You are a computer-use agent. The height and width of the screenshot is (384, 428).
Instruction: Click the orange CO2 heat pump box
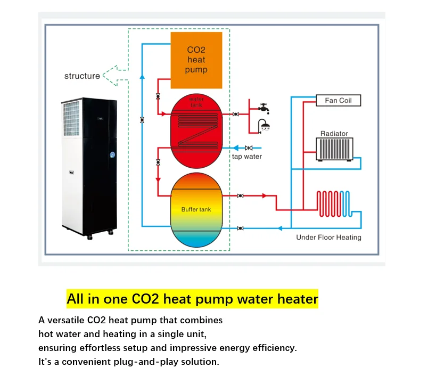pyautogui.click(x=196, y=60)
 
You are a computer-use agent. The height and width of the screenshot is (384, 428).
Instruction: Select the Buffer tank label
pyautogui.click(x=196, y=209)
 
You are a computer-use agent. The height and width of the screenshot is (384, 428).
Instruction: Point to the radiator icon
pyautogui.click(x=334, y=149)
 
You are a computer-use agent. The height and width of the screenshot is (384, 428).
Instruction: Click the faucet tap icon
pyautogui.click(x=264, y=108)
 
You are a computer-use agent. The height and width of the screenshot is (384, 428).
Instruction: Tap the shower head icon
pyautogui.click(x=264, y=126)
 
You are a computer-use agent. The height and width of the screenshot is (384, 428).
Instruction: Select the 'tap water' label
pyautogui.click(x=246, y=157)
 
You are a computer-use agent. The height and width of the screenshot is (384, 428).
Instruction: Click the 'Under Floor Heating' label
pyautogui.click(x=328, y=238)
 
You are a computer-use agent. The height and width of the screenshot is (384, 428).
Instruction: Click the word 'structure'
pyautogui.click(x=82, y=76)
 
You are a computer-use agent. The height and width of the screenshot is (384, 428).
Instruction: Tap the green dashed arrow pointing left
pyautogui.click(x=114, y=75)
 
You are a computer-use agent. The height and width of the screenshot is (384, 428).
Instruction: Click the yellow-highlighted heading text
pyautogui.click(x=192, y=299)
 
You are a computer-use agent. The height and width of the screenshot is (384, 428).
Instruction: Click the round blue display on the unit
pyautogui.click(x=113, y=154)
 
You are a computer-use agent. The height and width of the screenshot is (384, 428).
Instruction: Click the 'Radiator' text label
pyautogui.click(x=334, y=134)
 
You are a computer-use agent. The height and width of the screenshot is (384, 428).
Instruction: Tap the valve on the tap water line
pyautogui.click(x=248, y=148)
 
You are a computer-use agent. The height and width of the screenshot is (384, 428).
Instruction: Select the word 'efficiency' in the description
pyautogui.click(x=275, y=348)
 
